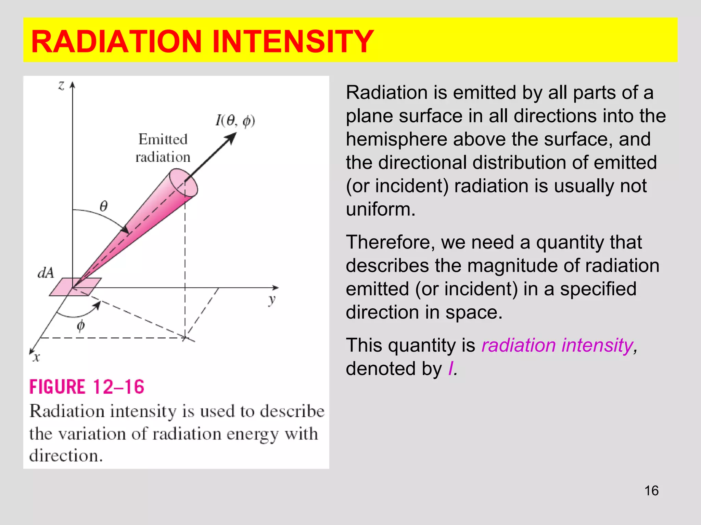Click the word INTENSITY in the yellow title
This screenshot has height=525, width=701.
[293, 41]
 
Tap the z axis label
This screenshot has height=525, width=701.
[61, 85]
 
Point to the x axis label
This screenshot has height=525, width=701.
[36, 358]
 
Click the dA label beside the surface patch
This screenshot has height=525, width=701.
[46, 273]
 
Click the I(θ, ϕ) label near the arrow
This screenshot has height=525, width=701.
[235, 121]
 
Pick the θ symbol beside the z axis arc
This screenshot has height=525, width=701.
[103, 206]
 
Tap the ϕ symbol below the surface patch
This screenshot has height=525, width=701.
[81, 326]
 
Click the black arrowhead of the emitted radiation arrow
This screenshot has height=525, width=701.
[231, 138]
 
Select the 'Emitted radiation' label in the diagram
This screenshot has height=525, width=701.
[163, 148]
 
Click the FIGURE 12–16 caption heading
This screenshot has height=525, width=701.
[87, 387]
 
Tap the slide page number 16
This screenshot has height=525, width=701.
[651, 491]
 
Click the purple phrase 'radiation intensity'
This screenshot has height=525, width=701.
[557, 345]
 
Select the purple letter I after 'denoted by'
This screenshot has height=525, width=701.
[450, 368]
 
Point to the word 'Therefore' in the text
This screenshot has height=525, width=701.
[390, 242]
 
